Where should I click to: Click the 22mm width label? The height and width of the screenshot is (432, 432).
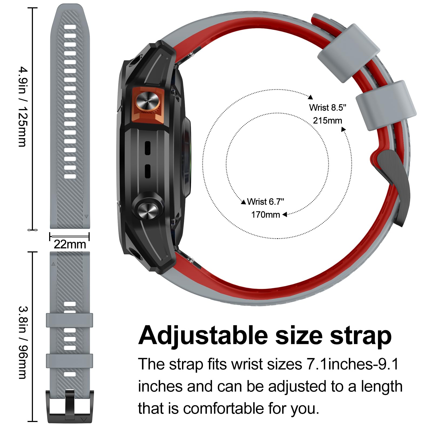(x=70, y=244)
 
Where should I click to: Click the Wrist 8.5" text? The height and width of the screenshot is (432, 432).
(x=328, y=107)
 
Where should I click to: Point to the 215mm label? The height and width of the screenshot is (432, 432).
(x=328, y=120)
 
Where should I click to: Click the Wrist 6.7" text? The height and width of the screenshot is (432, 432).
(x=266, y=202)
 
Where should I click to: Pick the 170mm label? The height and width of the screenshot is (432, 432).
(x=266, y=215)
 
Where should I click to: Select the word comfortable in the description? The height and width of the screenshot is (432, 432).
(x=224, y=408)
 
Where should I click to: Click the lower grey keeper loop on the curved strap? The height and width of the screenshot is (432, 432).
(x=386, y=106)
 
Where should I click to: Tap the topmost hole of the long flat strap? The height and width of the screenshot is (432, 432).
(x=70, y=27)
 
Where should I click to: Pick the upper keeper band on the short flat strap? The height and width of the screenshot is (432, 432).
(x=69, y=320)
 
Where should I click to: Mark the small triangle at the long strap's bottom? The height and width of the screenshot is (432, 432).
(x=86, y=216)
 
